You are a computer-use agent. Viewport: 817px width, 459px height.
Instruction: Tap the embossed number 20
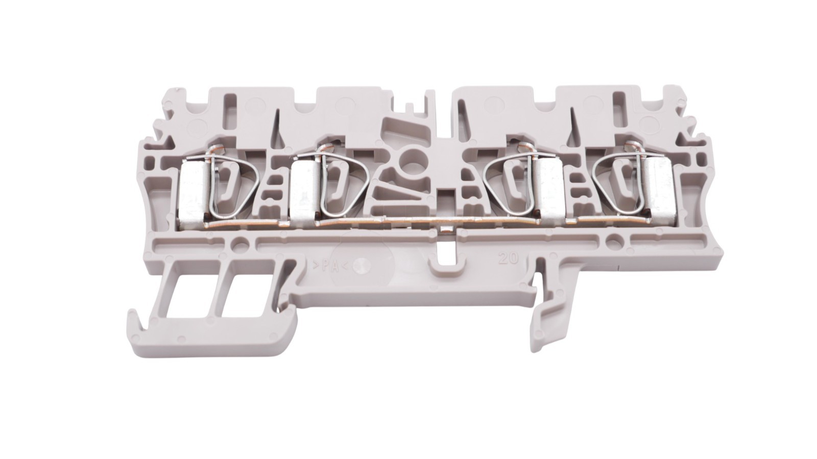(x=508, y=258)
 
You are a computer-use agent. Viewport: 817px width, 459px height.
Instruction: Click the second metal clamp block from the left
(x=304, y=192)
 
